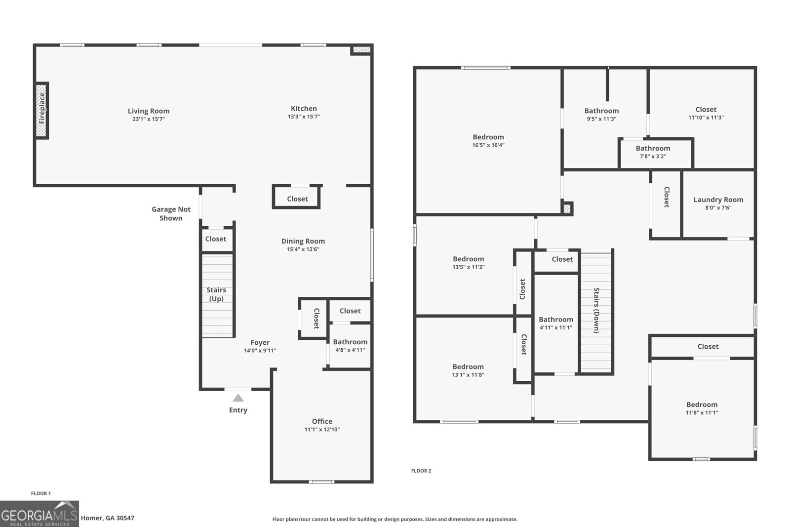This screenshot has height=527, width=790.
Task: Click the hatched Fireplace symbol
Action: click(41, 110)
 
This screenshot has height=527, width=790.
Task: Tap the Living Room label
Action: click(149, 111)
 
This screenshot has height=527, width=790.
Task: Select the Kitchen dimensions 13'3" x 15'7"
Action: click(304, 117)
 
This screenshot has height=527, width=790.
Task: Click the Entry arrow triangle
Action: click(238, 398)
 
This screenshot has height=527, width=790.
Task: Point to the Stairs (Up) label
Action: click(216, 294)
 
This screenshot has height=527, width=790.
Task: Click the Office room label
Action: click(322, 421)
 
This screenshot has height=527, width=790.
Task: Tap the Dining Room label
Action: click(303, 241)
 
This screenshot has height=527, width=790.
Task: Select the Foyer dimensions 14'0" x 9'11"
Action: click(260, 351)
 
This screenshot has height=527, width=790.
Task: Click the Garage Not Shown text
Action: click(171, 214)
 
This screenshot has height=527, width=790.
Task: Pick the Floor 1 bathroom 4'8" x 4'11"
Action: click(350, 346)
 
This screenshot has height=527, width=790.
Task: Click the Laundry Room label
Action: click(718, 200)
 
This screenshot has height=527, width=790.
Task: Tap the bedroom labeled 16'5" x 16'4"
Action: click(488, 141)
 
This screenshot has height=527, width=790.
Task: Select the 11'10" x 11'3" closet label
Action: click(706, 113)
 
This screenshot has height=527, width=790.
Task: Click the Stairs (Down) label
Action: click(596, 311)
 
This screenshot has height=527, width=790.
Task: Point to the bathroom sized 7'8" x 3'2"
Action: click(653, 152)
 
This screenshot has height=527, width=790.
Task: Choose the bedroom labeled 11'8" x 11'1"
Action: click(702, 408)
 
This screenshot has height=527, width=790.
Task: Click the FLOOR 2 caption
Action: click(421, 471)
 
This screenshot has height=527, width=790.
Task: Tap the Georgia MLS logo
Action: click(39, 514)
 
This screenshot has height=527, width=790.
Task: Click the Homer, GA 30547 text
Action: click(107, 518)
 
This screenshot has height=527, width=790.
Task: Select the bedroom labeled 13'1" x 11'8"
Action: click(468, 370)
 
